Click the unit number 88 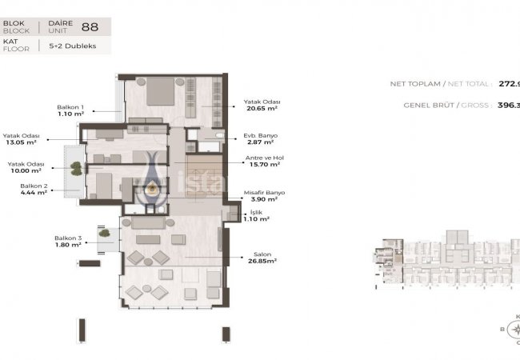coord(95,26)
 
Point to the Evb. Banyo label coord(261,135)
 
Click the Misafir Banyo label coord(264,193)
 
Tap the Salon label coord(253,255)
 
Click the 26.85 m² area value coord(261,262)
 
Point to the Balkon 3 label coord(68,238)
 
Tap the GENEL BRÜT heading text coord(414,104)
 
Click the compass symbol coord(513,328)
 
